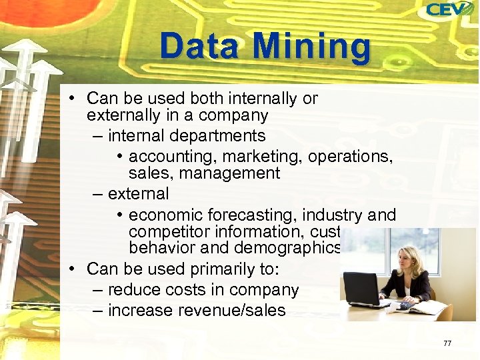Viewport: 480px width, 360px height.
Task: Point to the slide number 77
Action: [x=447, y=343]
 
